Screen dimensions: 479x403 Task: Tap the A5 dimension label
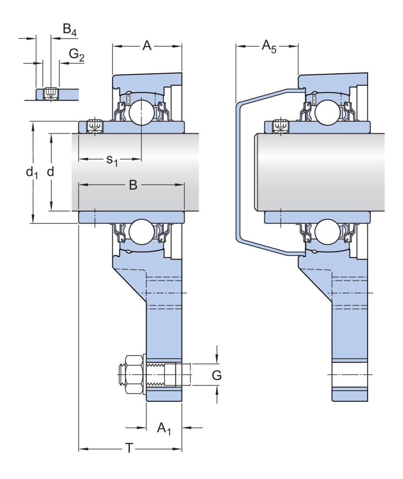(269, 46)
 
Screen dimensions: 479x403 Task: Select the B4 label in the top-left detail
(70, 31)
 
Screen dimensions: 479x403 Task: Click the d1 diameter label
(32, 172)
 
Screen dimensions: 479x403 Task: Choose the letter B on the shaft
(132, 185)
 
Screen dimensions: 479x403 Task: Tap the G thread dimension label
(217, 376)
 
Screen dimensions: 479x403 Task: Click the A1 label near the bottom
(163, 429)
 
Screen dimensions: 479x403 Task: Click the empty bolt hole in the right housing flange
(350, 375)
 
